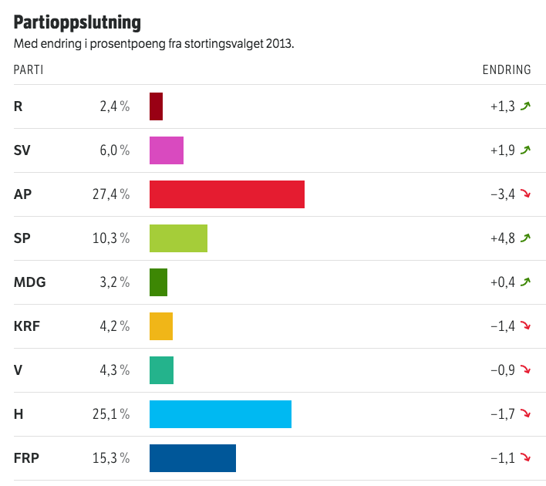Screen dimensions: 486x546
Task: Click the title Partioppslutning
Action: (x=77, y=21)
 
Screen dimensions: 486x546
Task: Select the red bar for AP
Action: (x=227, y=194)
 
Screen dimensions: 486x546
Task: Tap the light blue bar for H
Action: (x=221, y=414)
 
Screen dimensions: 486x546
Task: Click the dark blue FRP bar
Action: (x=193, y=458)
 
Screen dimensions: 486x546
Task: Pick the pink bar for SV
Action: (x=167, y=150)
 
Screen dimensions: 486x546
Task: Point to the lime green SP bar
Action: (x=178, y=238)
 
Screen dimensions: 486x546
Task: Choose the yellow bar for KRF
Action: (x=161, y=326)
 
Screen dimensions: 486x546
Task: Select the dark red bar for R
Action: (x=156, y=106)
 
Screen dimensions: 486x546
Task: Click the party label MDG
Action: (x=30, y=282)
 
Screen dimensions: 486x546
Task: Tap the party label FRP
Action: (x=26, y=458)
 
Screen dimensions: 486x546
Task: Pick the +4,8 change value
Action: (x=502, y=238)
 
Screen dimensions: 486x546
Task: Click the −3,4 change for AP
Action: (x=502, y=194)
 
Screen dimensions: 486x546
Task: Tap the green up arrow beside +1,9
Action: (x=526, y=150)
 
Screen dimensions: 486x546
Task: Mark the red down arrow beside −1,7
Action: (x=526, y=414)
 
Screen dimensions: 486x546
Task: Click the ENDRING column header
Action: (x=507, y=70)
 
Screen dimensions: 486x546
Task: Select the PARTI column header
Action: (x=29, y=70)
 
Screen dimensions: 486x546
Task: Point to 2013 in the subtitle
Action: (x=278, y=44)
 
